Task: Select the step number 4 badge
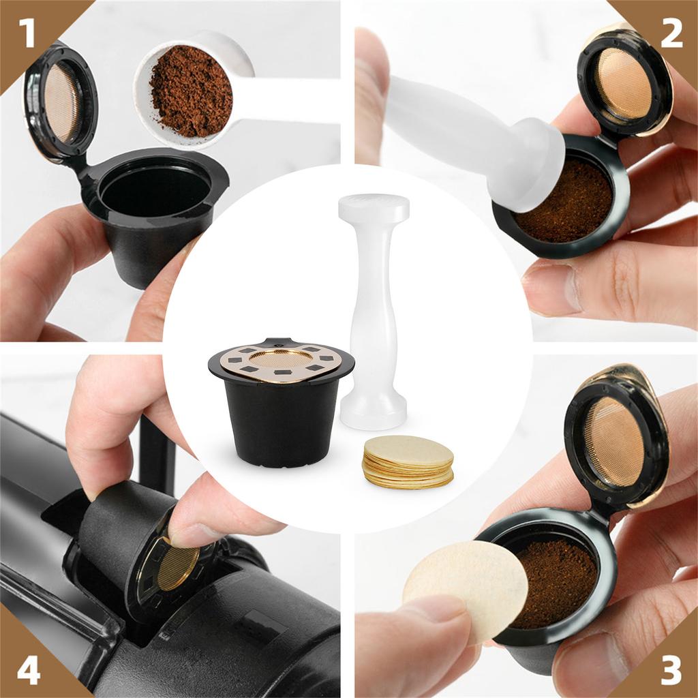pyautogui.click(x=27, y=670)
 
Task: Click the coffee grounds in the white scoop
pyautogui.click(x=190, y=91)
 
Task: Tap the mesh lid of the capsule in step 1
pyautogui.click(x=63, y=103)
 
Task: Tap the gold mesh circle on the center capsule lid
pyautogui.click(x=281, y=358)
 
